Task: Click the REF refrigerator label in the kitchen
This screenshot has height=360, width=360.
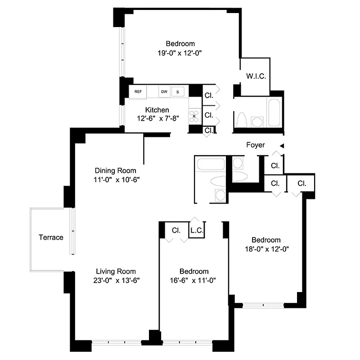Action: [x=138, y=92]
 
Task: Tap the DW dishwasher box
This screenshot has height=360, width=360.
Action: [x=164, y=92]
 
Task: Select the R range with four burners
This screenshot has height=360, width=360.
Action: [x=194, y=116]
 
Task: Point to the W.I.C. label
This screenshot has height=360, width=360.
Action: [x=256, y=76]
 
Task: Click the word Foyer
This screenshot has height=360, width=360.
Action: [x=255, y=145]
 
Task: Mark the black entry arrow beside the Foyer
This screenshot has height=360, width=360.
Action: [x=282, y=145]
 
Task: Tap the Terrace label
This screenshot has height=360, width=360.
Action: [x=51, y=237]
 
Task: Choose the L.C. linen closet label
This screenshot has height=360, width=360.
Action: [x=197, y=230]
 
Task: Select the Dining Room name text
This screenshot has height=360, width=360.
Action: [x=115, y=171]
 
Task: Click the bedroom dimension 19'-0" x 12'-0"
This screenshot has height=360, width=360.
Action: [x=180, y=52]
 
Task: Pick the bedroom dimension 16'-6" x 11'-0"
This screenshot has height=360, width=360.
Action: [x=194, y=280]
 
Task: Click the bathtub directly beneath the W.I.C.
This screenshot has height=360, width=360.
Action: [x=274, y=113]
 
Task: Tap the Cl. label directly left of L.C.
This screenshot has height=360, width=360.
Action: [x=176, y=230]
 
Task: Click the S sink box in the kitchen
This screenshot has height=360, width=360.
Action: [x=178, y=92]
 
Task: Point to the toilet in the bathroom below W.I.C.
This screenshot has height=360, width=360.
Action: [x=242, y=121]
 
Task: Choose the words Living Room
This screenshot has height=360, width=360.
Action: [x=116, y=271]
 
